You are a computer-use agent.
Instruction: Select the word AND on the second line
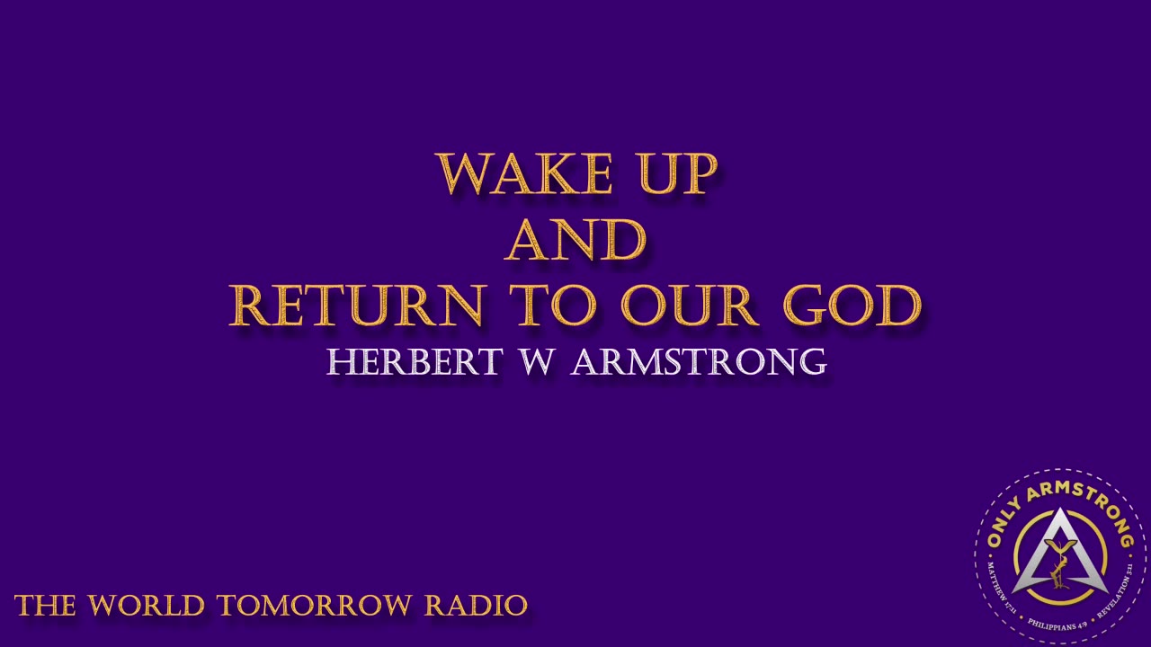(575, 240)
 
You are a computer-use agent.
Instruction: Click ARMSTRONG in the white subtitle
(699, 361)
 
